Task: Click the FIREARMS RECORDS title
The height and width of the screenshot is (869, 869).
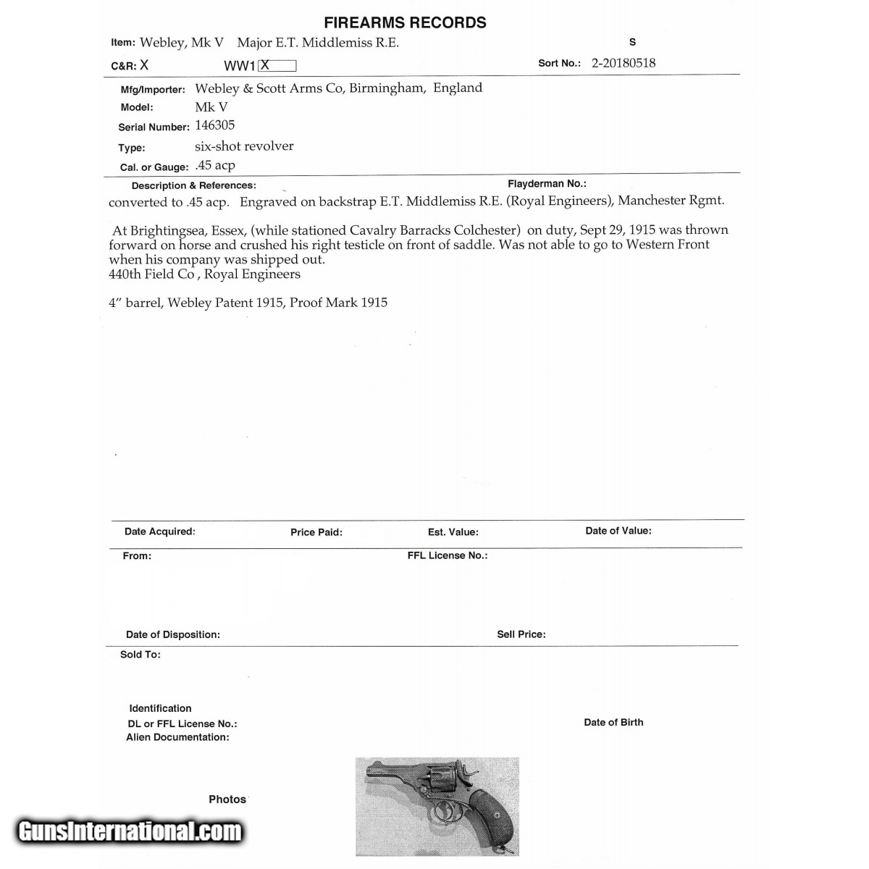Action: pyautogui.click(x=405, y=22)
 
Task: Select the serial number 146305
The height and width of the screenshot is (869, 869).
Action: pyautogui.click(x=215, y=125)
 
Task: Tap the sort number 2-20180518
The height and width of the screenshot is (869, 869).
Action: pyautogui.click(x=624, y=63)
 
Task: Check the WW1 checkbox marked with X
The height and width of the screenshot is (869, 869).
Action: pyautogui.click(x=277, y=65)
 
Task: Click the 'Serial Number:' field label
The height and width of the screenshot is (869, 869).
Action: pyautogui.click(x=154, y=127)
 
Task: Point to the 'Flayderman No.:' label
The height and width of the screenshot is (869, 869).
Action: pyautogui.click(x=547, y=184)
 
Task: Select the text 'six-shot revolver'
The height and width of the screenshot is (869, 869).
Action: pyautogui.click(x=244, y=146)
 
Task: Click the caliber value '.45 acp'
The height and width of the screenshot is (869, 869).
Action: pyautogui.click(x=215, y=165)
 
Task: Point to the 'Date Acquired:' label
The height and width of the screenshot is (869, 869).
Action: pyautogui.click(x=159, y=532)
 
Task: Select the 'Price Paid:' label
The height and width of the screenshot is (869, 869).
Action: pyautogui.click(x=316, y=532)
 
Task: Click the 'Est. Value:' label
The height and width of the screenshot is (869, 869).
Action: pyautogui.click(x=453, y=532)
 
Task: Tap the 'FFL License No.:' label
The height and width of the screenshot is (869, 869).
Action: pyautogui.click(x=448, y=555)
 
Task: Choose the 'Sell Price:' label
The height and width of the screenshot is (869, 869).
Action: pyautogui.click(x=521, y=634)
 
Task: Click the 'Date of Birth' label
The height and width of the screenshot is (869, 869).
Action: pyautogui.click(x=613, y=722)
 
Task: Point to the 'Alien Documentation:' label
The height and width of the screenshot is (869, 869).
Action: pyautogui.click(x=177, y=737)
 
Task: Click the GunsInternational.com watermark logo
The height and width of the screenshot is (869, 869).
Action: pyautogui.click(x=130, y=831)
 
